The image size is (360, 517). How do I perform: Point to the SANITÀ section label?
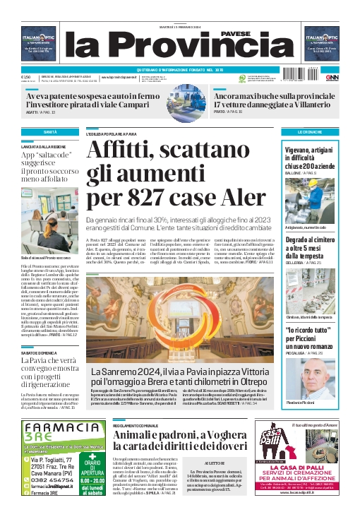click(49, 132)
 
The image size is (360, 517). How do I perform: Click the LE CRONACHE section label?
click(310, 132)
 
